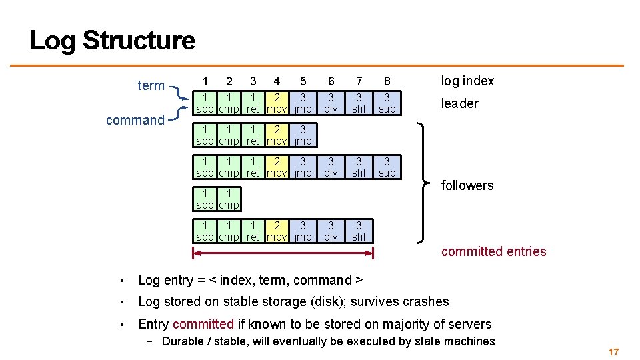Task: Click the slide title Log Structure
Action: click(x=113, y=41)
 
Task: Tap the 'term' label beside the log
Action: click(x=151, y=85)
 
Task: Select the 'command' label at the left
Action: click(x=135, y=120)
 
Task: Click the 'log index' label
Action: click(x=467, y=81)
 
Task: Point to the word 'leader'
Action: click(x=459, y=103)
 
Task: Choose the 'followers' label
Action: click(x=467, y=185)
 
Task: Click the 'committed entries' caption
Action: click(x=493, y=251)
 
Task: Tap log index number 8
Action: click(x=387, y=81)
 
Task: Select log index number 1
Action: click(x=205, y=81)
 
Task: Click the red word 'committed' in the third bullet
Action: click(x=203, y=325)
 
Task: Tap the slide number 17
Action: click(x=613, y=351)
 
